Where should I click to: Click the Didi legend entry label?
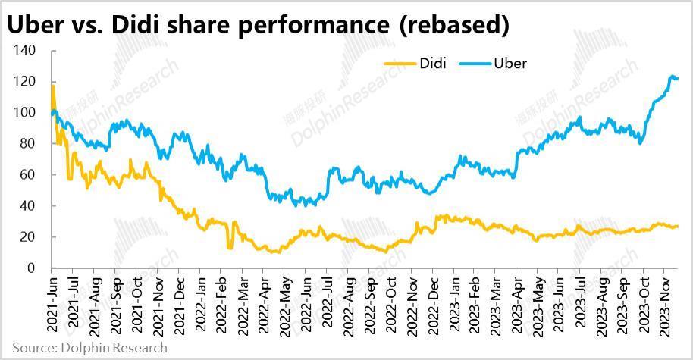pos(432,63)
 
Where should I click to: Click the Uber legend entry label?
pos(510,63)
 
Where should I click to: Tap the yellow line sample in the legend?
pos(400,64)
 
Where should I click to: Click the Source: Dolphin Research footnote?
pos(89,348)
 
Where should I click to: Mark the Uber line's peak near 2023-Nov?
pos(671,76)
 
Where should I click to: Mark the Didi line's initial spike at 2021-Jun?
pos(52,86)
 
